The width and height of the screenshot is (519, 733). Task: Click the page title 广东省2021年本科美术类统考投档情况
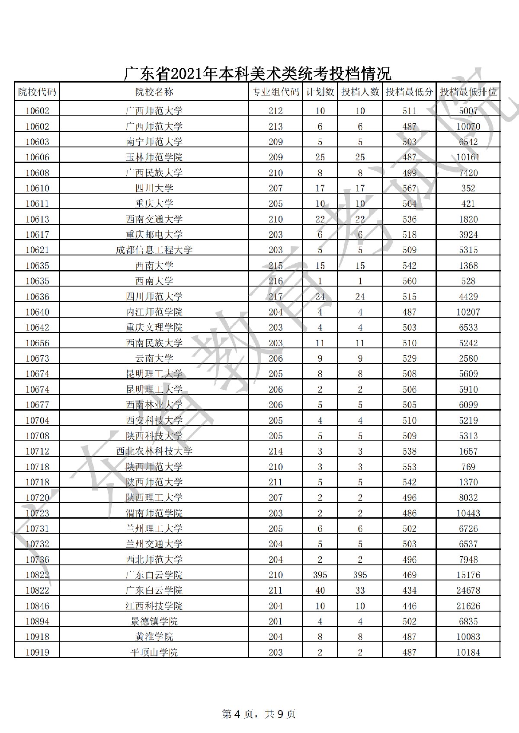[258, 73]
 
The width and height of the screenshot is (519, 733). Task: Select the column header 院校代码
[37, 92]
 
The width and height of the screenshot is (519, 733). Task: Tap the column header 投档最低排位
[468, 92]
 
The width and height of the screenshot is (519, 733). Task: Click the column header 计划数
[320, 92]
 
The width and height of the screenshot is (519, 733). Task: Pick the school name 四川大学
[154, 188]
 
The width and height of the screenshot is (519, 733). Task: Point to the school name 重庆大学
[154, 204]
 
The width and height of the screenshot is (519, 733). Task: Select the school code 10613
[37, 219]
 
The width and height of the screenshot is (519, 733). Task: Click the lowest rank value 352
[468, 188]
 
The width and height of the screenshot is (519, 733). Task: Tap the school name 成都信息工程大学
[154, 250]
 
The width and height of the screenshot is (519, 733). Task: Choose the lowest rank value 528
[468, 281]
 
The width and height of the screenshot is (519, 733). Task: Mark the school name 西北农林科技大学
[154, 451]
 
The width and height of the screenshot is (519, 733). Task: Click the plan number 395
[320, 575]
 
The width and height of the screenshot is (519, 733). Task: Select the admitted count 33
[360, 590]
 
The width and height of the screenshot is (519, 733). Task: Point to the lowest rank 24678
[468, 590]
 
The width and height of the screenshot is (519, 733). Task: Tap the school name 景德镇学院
[154, 621]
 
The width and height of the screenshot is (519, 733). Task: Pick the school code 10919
[37, 653]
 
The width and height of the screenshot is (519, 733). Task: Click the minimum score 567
[409, 188]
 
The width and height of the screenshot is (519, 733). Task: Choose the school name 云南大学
[154, 359]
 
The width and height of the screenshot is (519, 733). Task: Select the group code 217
[276, 297]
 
